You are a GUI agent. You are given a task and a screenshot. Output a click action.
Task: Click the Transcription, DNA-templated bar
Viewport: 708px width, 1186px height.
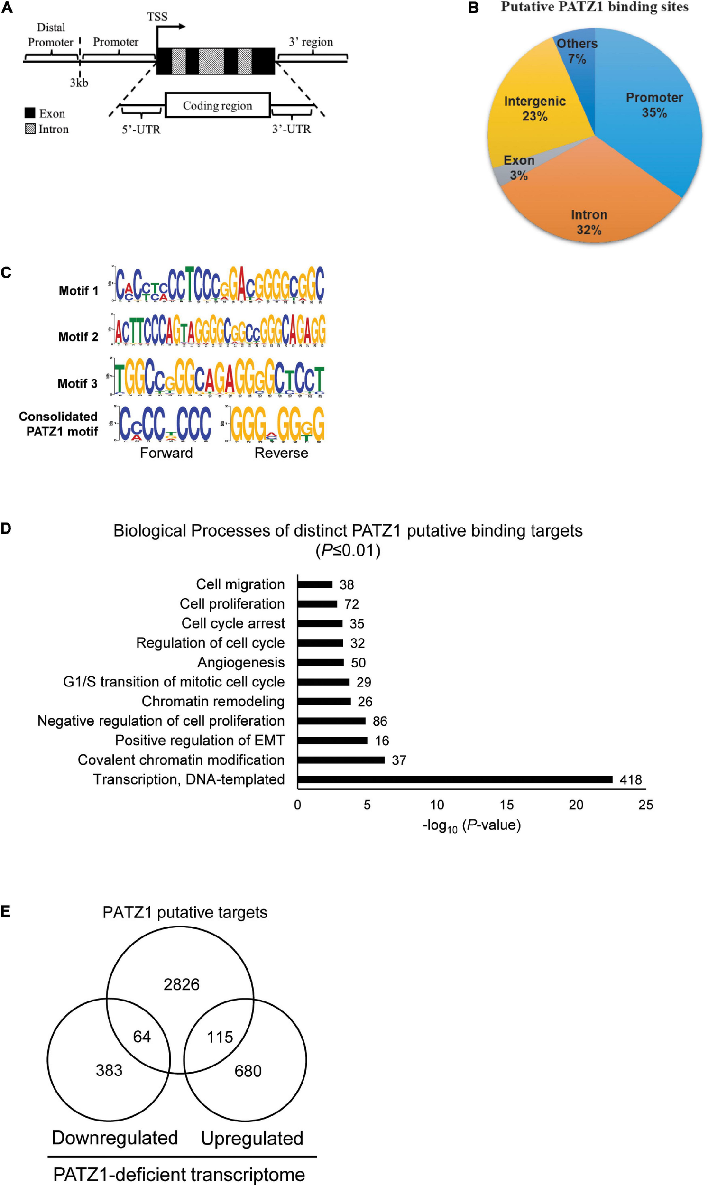455,779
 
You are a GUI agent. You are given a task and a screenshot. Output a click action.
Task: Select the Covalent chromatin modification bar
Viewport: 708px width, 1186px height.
340,760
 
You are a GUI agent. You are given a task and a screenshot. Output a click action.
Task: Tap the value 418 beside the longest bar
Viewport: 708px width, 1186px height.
630,780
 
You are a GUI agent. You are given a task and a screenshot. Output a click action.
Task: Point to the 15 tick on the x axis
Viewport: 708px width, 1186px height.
506,805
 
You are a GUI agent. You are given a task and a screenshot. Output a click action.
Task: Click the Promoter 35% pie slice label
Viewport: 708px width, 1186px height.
654,105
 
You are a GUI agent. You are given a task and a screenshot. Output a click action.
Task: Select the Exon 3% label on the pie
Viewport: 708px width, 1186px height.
519,167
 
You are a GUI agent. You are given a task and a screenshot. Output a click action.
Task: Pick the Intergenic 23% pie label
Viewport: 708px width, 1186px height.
534,109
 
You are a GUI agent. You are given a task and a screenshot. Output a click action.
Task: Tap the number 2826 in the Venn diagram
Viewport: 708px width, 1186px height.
181,984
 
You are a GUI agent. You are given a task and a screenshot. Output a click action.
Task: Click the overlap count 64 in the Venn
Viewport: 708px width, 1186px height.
142,1036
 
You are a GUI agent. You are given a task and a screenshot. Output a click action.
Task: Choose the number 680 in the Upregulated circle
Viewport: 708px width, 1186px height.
248,1071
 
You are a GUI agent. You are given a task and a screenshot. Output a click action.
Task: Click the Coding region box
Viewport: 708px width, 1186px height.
218,105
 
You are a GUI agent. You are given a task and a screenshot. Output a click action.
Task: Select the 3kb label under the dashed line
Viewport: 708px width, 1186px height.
79,83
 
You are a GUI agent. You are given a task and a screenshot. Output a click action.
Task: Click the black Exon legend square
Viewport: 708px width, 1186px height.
30,113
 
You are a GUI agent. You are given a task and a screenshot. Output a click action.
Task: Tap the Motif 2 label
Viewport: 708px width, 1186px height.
78,336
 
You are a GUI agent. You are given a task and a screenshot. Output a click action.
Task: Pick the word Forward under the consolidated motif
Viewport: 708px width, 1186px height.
166,453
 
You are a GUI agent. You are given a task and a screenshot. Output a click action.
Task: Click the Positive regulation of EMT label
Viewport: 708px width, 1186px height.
200,740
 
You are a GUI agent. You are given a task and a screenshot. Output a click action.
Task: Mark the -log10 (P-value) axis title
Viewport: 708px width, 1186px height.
471,825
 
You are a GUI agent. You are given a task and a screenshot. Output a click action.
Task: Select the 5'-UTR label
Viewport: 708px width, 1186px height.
141,130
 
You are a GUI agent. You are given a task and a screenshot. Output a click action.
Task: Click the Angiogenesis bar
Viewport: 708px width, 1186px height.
320,662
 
